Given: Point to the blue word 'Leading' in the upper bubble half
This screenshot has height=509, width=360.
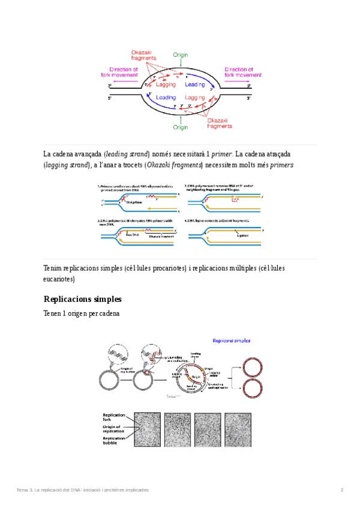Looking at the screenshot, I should pyautogui.click(x=195, y=85).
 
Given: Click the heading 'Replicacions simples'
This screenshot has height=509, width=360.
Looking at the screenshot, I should pyautogui.click(x=83, y=299).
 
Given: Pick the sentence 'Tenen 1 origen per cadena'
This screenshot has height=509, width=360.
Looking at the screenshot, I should pyautogui.click(x=82, y=314).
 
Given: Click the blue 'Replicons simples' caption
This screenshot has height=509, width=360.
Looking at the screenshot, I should pyautogui.click(x=232, y=340).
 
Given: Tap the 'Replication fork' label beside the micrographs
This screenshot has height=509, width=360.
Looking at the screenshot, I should pyautogui.click(x=113, y=418).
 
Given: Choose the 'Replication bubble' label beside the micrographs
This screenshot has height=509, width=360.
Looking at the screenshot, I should pyautogui.click(x=113, y=441).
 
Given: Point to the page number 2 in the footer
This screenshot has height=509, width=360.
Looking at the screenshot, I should pyautogui.click(x=341, y=490).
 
